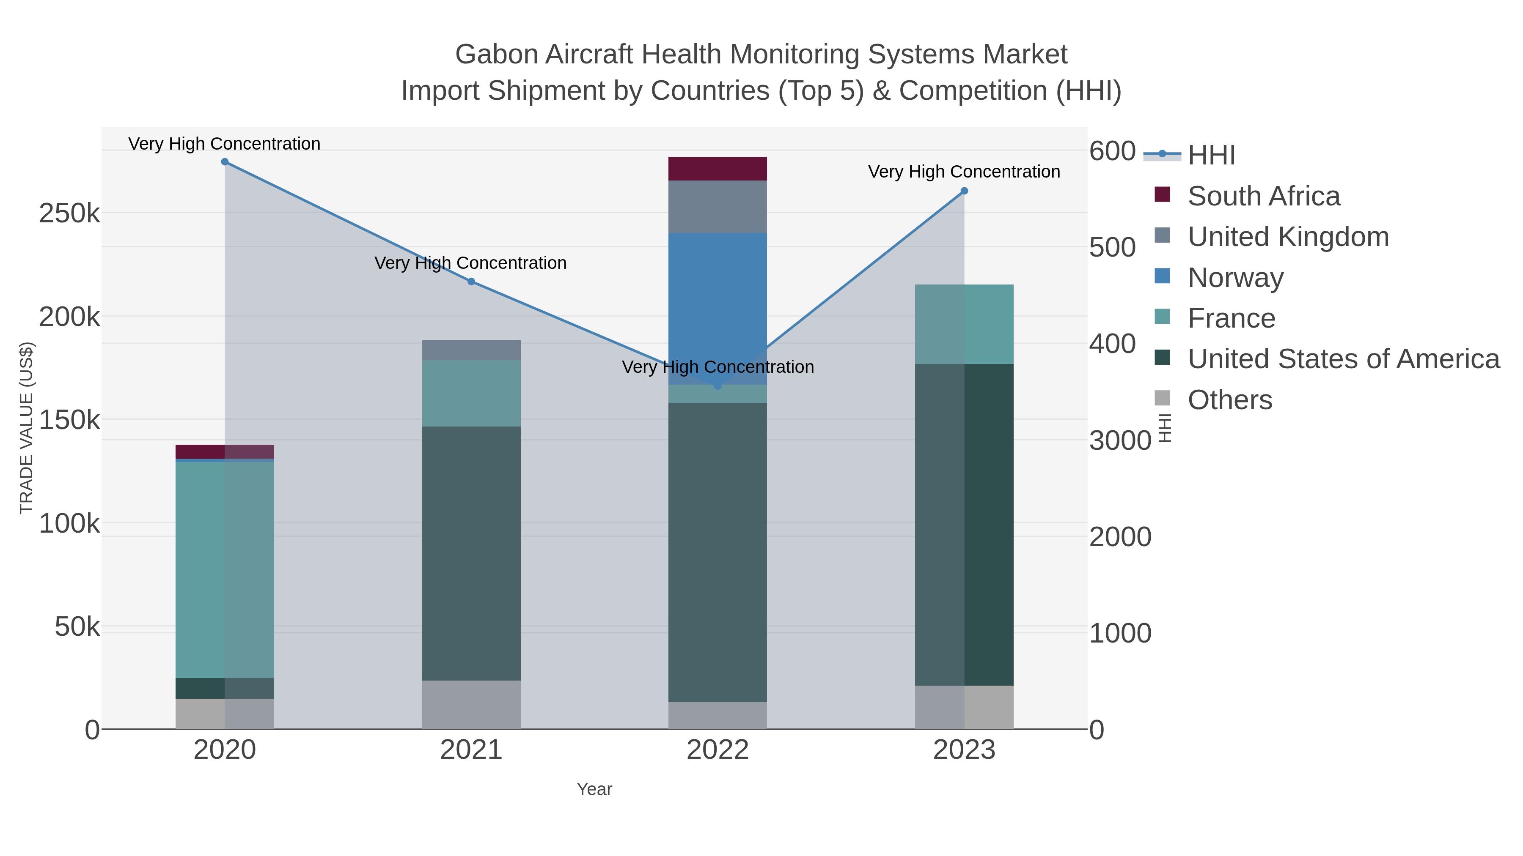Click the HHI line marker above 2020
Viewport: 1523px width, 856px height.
(x=225, y=162)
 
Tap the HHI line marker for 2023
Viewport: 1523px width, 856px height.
(x=964, y=191)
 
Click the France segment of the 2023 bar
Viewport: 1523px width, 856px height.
(x=964, y=324)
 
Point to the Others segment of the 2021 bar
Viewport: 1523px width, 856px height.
(x=471, y=705)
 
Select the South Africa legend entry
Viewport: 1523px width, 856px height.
(x=1263, y=196)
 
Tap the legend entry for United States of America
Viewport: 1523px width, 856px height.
(x=1343, y=359)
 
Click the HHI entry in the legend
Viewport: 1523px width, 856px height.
(x=1211, y=156)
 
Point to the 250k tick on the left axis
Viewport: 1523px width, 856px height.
(x=69, y=213)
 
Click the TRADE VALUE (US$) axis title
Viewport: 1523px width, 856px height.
(x=27, y=428)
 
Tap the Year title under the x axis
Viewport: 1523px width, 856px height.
(x=594, y=789)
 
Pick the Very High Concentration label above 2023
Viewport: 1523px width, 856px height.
(x=964, y=172)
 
